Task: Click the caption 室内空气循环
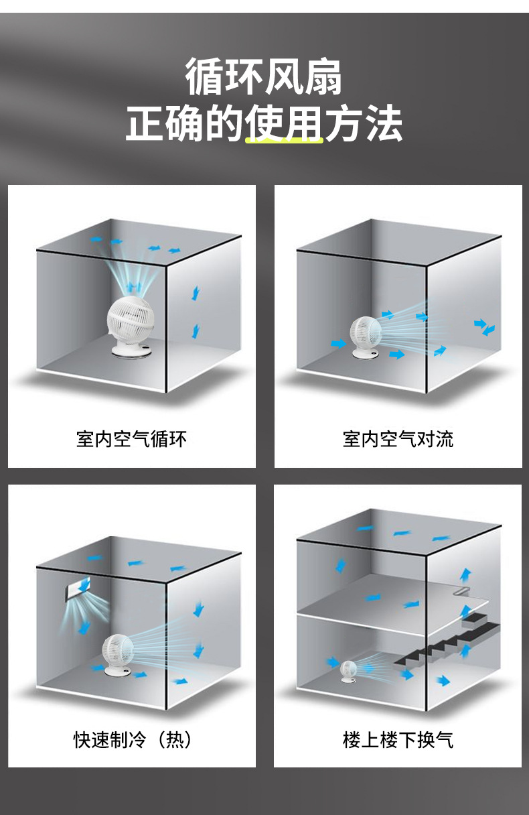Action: coord(131,440)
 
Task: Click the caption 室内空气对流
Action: coord(398,440)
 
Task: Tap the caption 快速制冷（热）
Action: coord(132,740)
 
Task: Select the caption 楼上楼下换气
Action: coord(398,740)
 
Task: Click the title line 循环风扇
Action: coord(264,77)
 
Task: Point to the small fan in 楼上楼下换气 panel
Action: coord(349,668)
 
